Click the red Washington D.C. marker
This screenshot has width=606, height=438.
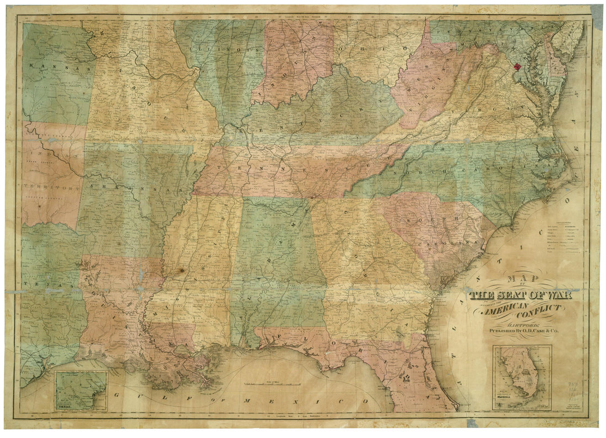point(517,67)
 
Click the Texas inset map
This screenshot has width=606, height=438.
point(81,390)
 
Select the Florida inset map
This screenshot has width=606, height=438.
point(522,377)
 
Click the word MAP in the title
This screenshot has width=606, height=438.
point(521,280)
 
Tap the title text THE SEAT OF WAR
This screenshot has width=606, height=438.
point(521,295)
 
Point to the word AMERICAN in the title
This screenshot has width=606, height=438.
point(506,310)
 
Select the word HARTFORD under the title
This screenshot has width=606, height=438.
point(521,326)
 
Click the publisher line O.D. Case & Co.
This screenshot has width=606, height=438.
point(521,332)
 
